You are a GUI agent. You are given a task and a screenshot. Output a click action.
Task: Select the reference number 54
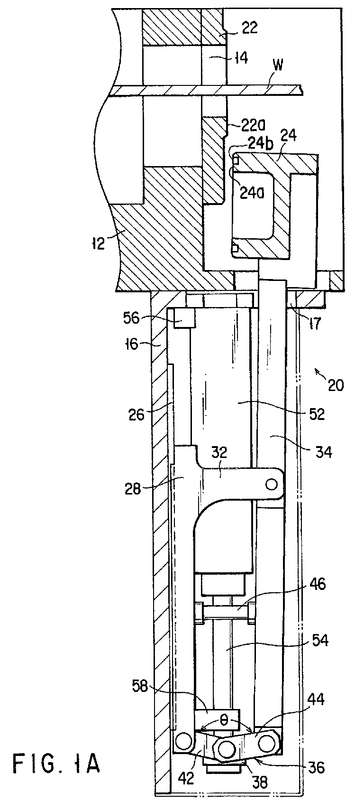[x=319, y=641]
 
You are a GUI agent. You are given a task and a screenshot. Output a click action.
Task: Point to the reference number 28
[x=132, y=490]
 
